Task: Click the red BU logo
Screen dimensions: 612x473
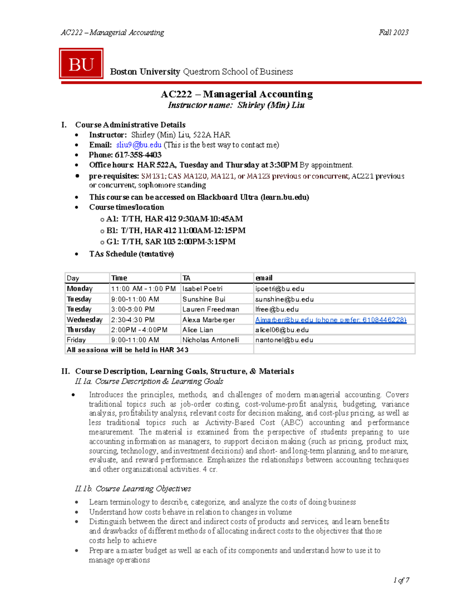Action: tap(81, 64)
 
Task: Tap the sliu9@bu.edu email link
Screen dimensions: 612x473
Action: tap(139, 145)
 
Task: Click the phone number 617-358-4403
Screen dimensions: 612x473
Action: tap(138, 155)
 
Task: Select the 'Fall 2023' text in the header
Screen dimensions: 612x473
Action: tap(393, 33)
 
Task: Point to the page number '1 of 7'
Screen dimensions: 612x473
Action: tap(401, 580)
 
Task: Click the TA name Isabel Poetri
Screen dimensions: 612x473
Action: tap(202, 289)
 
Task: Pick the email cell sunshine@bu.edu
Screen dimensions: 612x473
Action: tap(284, 299)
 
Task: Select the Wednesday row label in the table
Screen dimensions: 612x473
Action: tap(84, 320)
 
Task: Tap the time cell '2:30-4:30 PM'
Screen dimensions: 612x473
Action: tap(133, 320)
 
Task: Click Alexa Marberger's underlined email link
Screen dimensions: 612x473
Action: tap(330, 320)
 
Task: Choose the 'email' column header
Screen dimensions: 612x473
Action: tap(264, 278)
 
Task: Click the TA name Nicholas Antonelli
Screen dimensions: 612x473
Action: tap(210, 340)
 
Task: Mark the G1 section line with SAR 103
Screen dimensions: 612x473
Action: tap(171, 242)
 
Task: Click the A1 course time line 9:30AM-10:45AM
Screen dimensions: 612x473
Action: tap(174, 219)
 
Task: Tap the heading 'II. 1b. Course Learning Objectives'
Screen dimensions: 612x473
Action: tap(133, 489)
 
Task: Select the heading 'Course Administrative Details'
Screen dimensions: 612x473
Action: tap(130, 125)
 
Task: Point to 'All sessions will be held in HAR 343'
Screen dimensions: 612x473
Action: tap(127, 350)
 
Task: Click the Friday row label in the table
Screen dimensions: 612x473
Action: tap(76, 340)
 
